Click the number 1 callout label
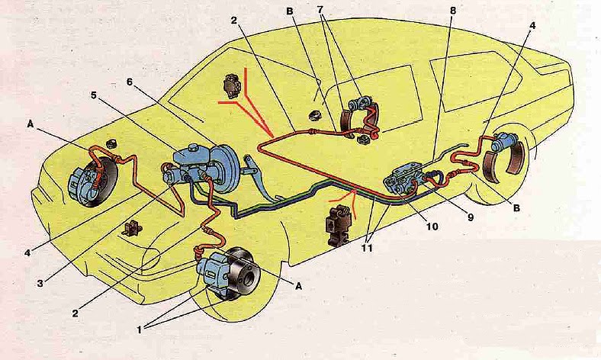pos(140,329)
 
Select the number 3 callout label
pos(40,283)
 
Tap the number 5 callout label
pos(94,95)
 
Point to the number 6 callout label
pos(130,82)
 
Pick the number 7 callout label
pos(321,11)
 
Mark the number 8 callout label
pos(453,11)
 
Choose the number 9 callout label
pos(471,217)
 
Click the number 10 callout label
pos(432,227)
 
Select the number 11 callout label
pos(367,248)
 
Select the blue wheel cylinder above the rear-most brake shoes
pos(505,141)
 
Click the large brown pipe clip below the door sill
pos(336,223)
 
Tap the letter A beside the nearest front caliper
pos(298,285)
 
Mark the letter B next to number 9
pos(516,207)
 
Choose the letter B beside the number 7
pos(289,11)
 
